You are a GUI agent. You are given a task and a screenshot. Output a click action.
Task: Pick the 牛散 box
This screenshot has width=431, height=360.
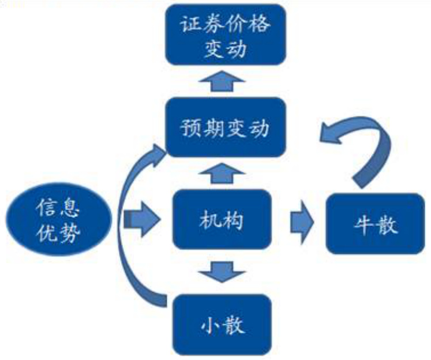(x=376, y=224)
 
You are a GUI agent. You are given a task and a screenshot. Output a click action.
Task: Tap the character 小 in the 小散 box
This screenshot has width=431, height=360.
(x=209, y=325)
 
